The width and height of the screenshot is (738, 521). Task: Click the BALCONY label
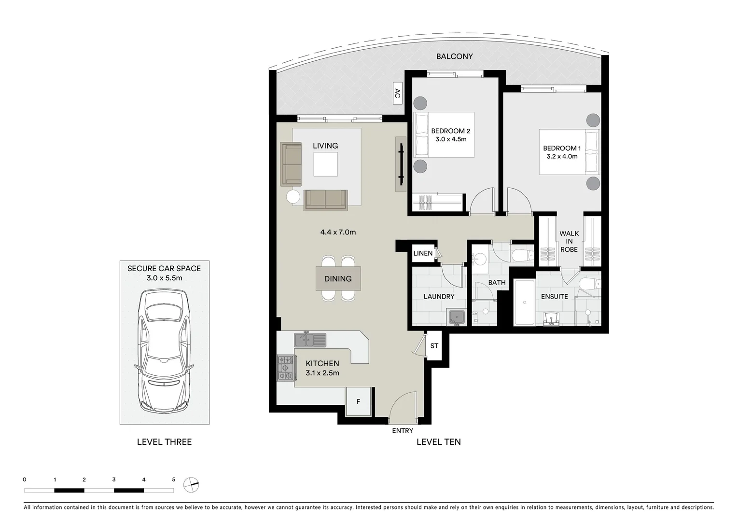[454, 56]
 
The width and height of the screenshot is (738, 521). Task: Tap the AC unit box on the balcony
[397, 94]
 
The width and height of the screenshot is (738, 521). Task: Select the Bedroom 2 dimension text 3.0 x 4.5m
[451, 139]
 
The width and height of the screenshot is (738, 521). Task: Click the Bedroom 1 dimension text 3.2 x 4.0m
[562, 156]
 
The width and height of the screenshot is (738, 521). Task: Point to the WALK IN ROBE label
[569, 241]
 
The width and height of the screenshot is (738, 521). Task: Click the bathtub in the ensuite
[524, 302]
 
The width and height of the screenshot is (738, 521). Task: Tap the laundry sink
[456, 318]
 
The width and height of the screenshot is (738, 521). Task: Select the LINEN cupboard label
[423, 253]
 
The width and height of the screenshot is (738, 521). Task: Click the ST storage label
[434, 346]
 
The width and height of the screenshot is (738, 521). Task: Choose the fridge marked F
[358, 401]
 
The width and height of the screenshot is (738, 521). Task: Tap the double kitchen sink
[310, 340]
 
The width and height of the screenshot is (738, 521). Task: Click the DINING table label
[338, 279]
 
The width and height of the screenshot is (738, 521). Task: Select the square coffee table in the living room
[325, 164]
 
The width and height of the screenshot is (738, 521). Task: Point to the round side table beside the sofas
[293, 196]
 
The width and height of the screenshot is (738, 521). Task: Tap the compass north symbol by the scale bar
[192, 484]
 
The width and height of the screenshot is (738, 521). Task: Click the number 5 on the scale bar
[174, 480]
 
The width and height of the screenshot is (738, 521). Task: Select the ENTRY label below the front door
[403, 431]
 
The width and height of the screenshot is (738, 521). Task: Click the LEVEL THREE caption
[164, 442]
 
